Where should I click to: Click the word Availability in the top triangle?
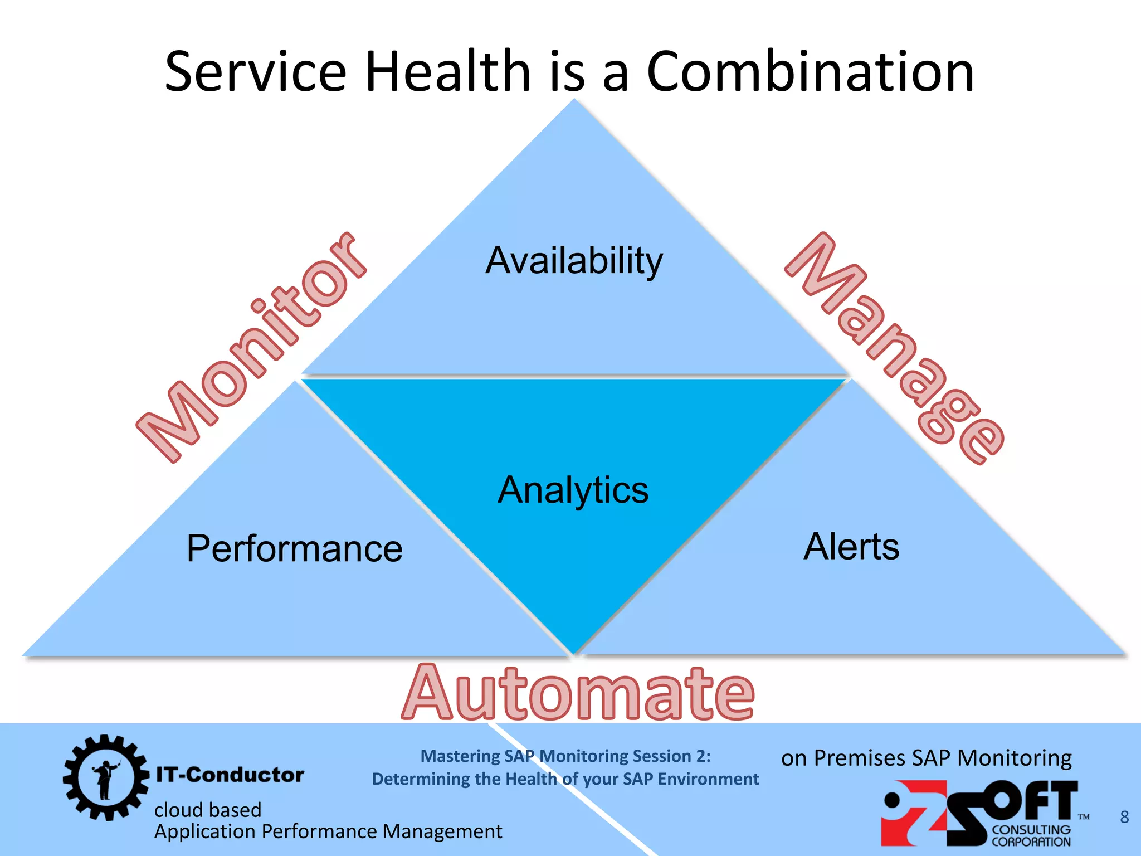coord(574,261)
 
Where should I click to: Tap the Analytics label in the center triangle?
coord(573,490)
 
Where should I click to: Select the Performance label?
coord(294,549)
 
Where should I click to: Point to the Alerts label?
coord(851,546)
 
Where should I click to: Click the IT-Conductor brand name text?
coord(230,775)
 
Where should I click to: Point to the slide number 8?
coord(1124,817)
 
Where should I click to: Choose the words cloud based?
coord(208,810)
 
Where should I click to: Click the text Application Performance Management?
coord(328,831)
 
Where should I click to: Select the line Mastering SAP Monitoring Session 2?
coord(565,756)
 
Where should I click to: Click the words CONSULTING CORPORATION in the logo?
coord(1031,836)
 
